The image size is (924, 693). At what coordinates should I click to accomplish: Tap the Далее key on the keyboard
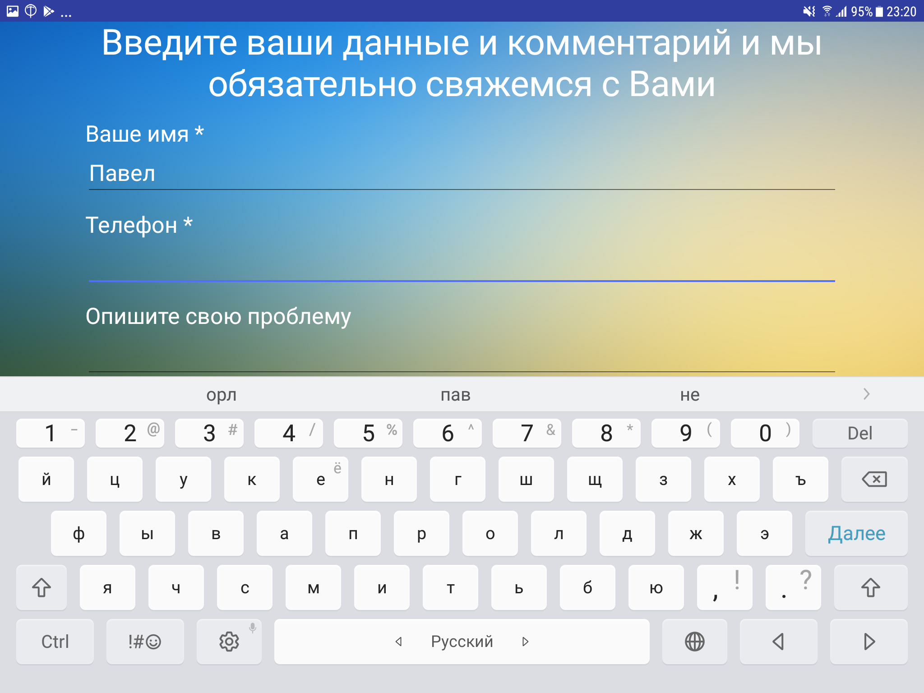click(x=856, y=533)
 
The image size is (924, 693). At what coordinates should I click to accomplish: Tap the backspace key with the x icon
click(x=874, y=479)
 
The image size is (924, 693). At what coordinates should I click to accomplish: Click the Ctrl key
click(x=55, y=642)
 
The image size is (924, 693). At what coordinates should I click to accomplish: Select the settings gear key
click(x=229, y=642)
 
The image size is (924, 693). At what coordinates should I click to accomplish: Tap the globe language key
click(x=694, y=642)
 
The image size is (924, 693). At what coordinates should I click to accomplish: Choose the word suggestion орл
click(x=221, y=395)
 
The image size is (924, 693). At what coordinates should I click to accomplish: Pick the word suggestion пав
click(x=455, y=395)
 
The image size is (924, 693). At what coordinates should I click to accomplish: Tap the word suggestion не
click(x=690, y=395)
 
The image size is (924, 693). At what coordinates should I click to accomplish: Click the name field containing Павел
click(x=461, y=174)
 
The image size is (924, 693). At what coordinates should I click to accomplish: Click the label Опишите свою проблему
click(x=218, y=316)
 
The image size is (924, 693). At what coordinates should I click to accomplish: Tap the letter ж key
click(x=696, y=533)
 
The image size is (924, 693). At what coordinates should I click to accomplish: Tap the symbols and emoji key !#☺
click(x=145, y=642)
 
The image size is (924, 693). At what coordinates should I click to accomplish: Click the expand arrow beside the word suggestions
click(x=866, y=394)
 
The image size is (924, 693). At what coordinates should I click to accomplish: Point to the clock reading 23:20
click(x=901, y=11)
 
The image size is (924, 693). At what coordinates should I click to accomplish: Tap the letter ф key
click(x=79, y=533)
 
